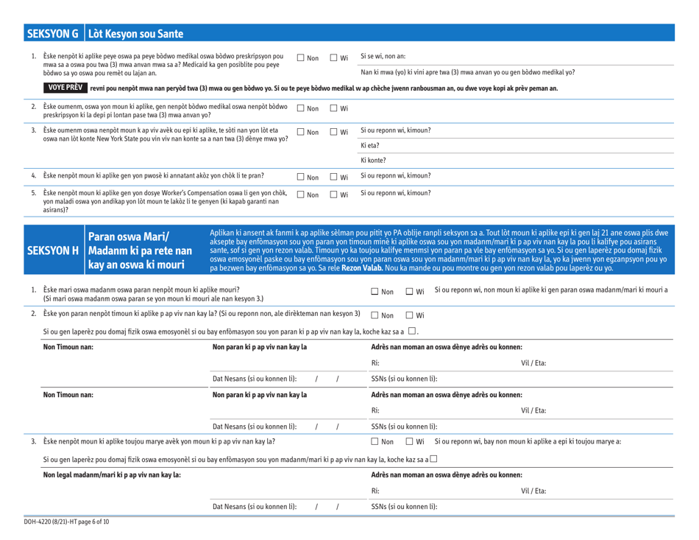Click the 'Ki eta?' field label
[369, 147]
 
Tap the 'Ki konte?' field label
[374, 161]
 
